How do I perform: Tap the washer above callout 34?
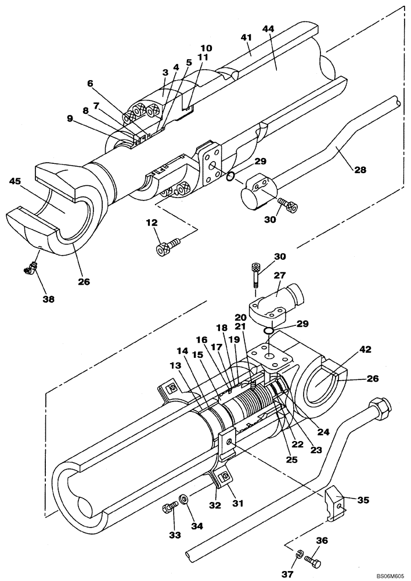point(184,498)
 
